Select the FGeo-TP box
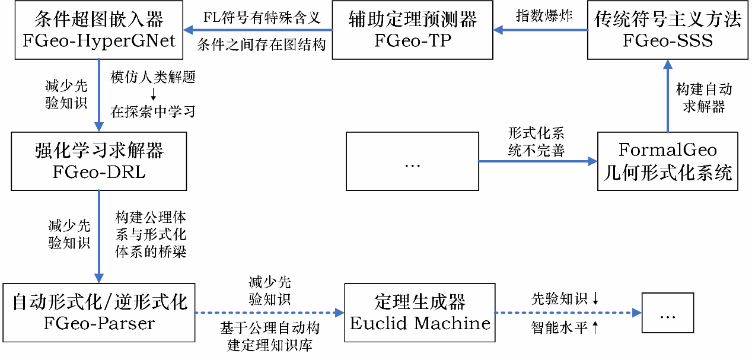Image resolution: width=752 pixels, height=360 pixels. click(412, 30)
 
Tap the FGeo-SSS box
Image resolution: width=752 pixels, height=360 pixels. click(667, 30)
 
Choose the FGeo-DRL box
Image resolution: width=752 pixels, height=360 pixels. click(98, 161)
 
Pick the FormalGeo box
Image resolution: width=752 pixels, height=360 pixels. click(667, 161)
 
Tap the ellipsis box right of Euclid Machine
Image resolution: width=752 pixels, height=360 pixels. click(667, 313)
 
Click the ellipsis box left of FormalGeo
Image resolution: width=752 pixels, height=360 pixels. click(412, 161)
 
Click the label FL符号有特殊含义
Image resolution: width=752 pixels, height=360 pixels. click(262, 17)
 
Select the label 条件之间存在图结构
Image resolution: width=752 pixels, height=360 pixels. click(262, 44)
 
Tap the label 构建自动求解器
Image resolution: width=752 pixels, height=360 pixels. click(704, 98)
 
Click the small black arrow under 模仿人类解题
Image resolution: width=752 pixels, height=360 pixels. click(152, 94)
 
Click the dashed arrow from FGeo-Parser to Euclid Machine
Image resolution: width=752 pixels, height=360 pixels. click(270, 313)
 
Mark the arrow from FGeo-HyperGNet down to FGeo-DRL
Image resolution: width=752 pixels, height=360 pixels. click(98, 95)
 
